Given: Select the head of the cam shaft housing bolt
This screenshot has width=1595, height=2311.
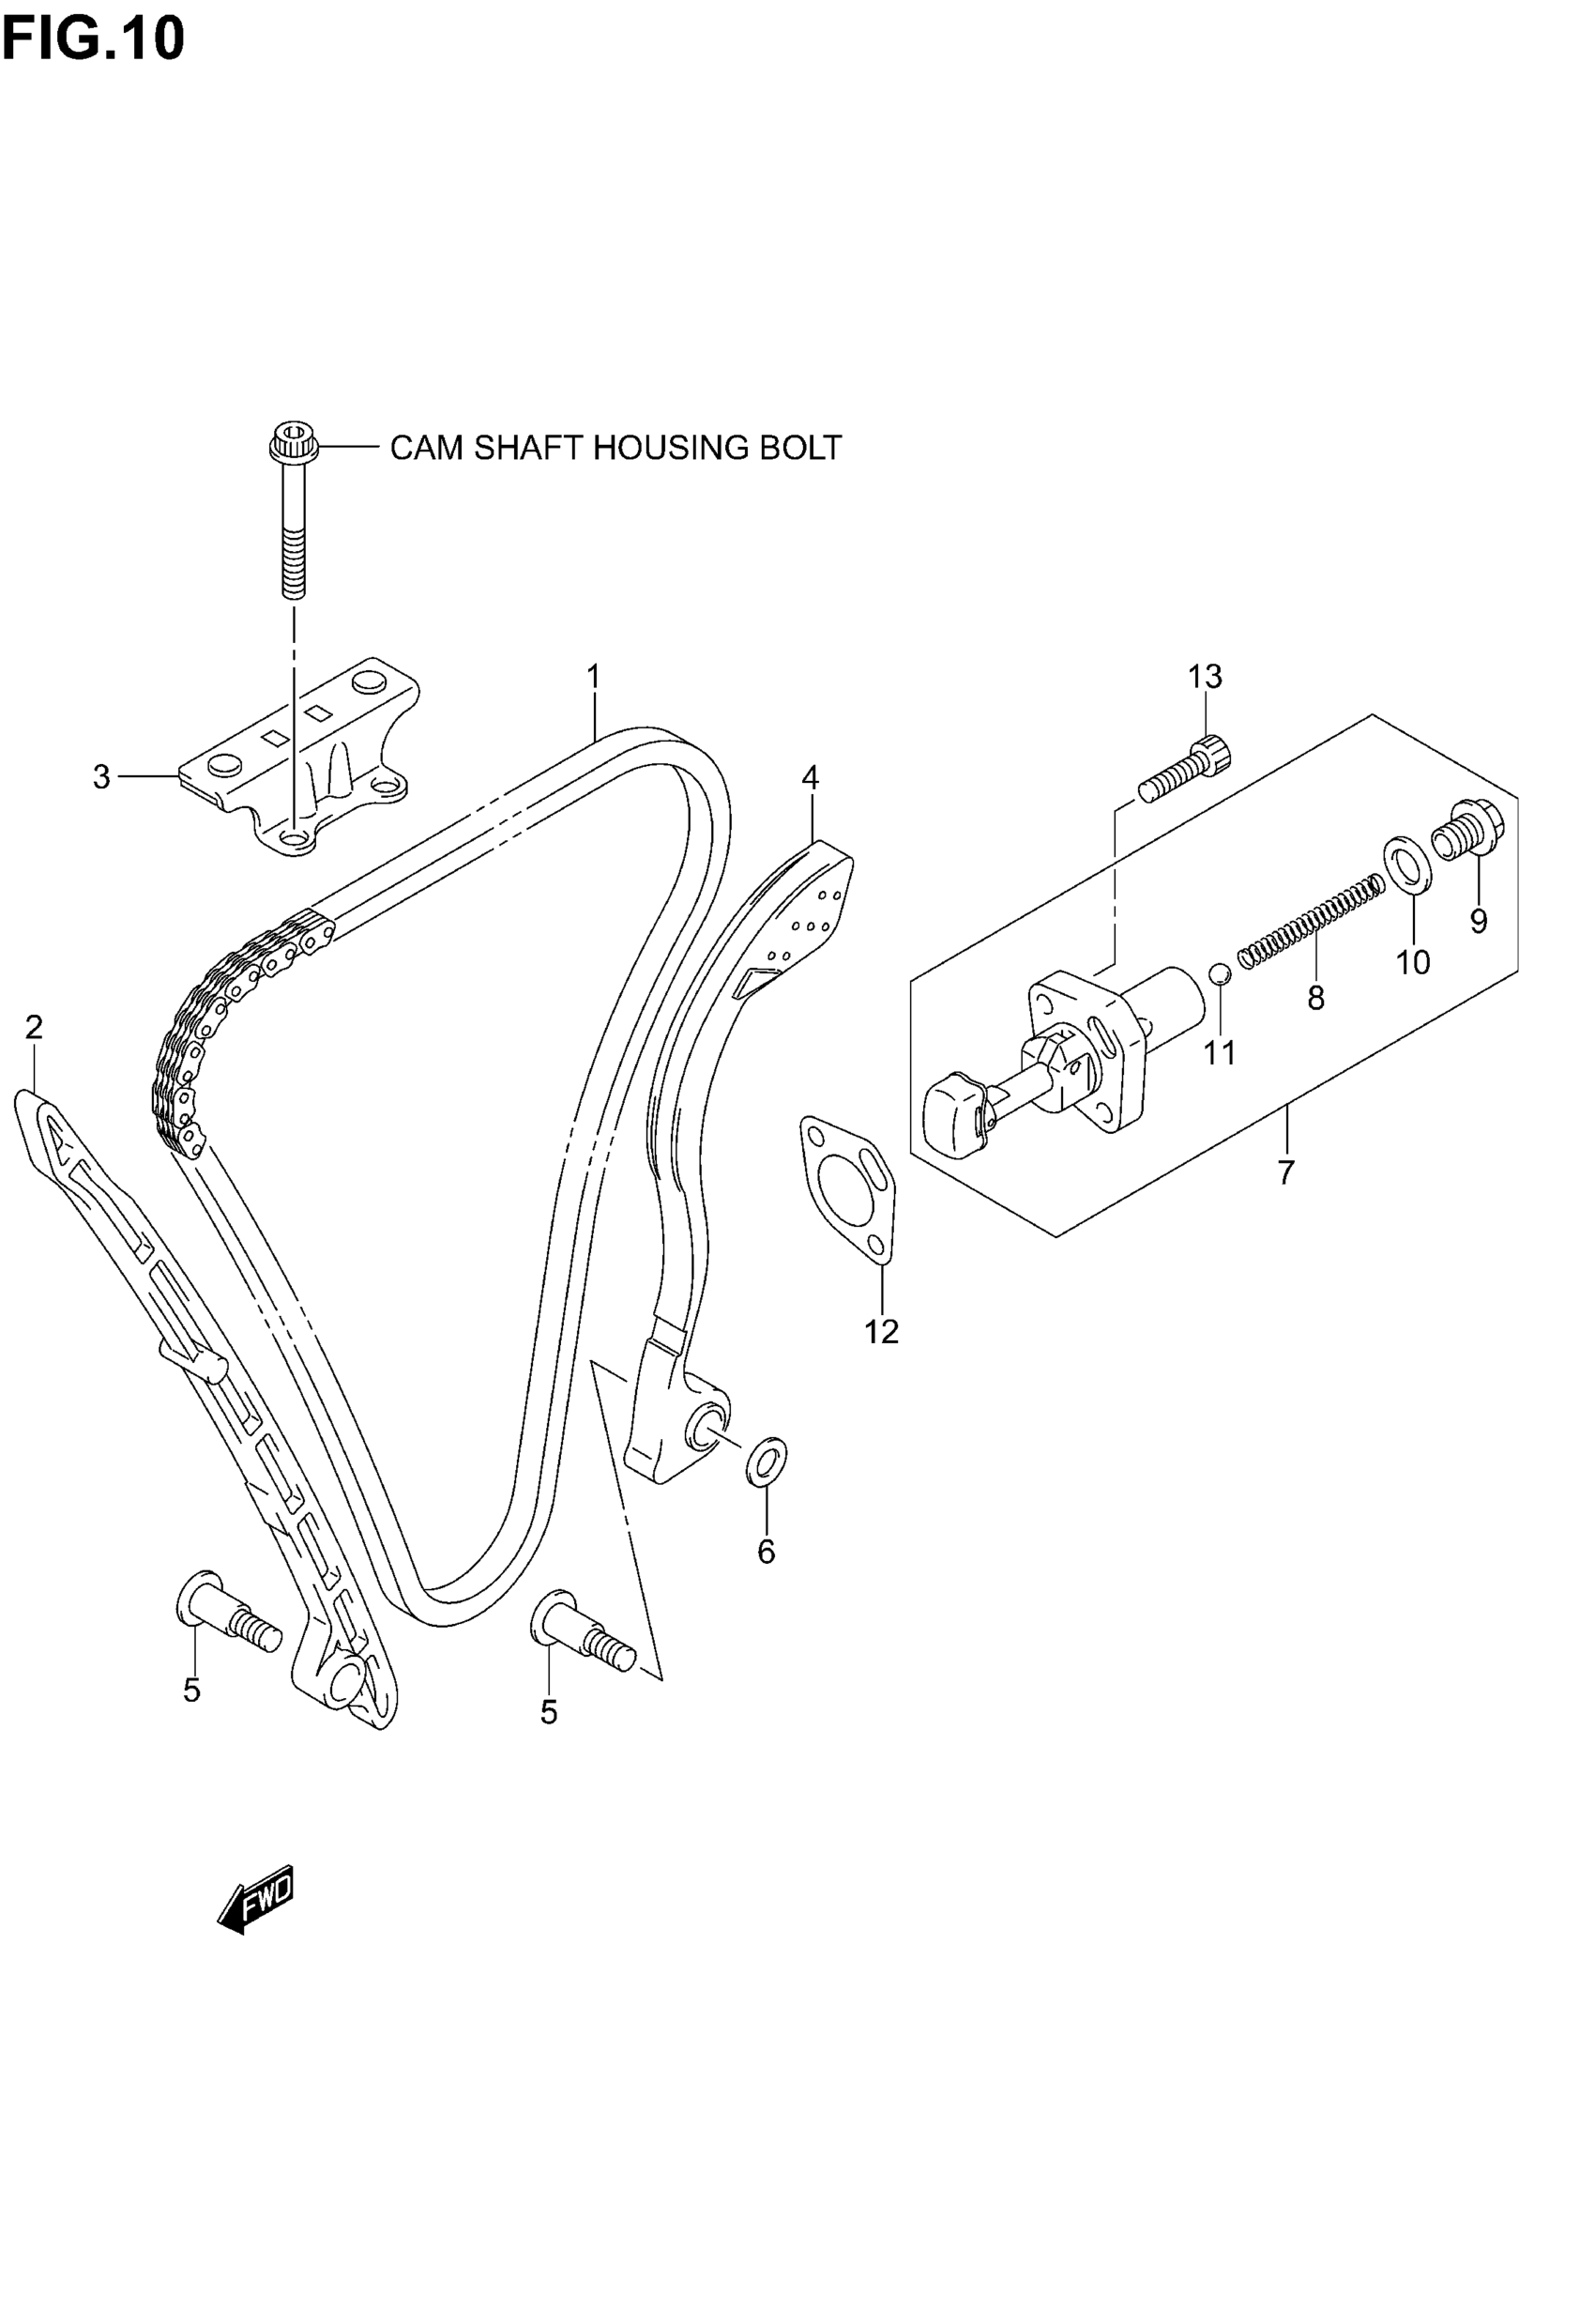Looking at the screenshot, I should [x=294, y=442].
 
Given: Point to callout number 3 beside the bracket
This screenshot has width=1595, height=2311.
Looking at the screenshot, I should [x=101, y=776].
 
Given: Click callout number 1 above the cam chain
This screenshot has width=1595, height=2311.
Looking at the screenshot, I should [x=594, y=677].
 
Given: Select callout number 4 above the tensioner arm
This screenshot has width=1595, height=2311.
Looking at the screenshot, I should [x=810, y=776].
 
